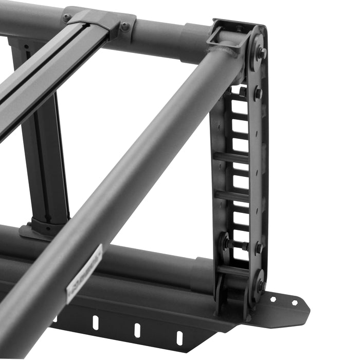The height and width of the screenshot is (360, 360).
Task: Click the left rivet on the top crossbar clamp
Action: tap(66, 17)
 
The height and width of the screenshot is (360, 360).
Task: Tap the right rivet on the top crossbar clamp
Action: tap(125, 26)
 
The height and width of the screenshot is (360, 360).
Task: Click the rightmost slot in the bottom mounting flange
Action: tap(179, 338)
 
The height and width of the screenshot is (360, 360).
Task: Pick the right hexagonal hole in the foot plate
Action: tap(295, 303)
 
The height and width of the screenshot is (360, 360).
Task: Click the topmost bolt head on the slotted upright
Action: tap(263, 52)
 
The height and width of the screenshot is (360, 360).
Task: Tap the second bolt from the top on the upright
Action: tap(258, 93)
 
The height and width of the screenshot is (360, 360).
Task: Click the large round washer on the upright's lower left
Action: tap(225, 241)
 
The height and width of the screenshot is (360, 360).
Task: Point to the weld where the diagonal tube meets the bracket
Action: tap(226, 51)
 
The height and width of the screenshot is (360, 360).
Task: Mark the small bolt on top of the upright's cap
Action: tap(240, 29)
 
